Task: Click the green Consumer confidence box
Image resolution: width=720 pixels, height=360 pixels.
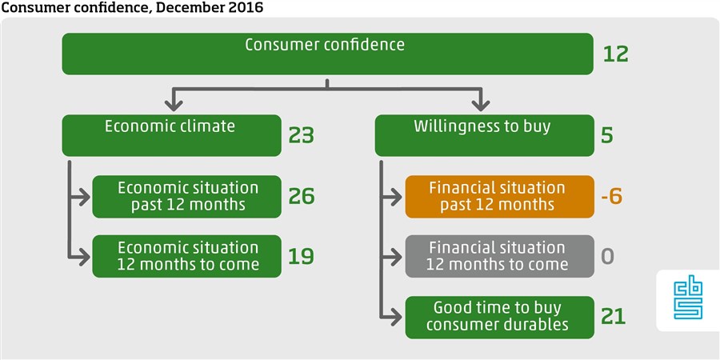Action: (327, 54)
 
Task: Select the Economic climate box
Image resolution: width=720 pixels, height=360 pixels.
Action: (171, 135)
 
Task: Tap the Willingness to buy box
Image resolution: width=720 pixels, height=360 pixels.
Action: (485, 135)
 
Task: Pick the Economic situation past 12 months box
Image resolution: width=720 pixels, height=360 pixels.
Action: (186, 197)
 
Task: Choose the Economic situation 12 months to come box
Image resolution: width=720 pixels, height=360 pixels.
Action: (186, 256)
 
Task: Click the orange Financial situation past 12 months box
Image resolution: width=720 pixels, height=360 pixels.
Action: (499, 197)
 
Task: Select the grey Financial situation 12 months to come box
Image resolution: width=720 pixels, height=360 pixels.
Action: (499, 256)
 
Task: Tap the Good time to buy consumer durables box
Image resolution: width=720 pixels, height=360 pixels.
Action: (499, 318)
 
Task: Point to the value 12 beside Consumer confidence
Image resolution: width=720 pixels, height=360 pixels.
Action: (615, 54)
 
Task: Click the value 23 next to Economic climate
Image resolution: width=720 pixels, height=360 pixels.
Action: (302, 135)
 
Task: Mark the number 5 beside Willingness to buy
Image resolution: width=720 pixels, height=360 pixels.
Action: (607, 135)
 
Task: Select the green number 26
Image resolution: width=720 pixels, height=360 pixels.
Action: (302, 196)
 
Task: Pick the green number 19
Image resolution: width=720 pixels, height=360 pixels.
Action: (302, 256)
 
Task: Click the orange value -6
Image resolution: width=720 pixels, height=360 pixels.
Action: (612, 196)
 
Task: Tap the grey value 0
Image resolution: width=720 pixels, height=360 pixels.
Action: (607, 256)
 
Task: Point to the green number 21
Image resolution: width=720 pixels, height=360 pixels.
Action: (614, 317)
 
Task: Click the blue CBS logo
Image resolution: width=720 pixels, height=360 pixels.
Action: (688, 300)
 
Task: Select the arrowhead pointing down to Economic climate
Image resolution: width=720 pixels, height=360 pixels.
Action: (174, 105)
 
